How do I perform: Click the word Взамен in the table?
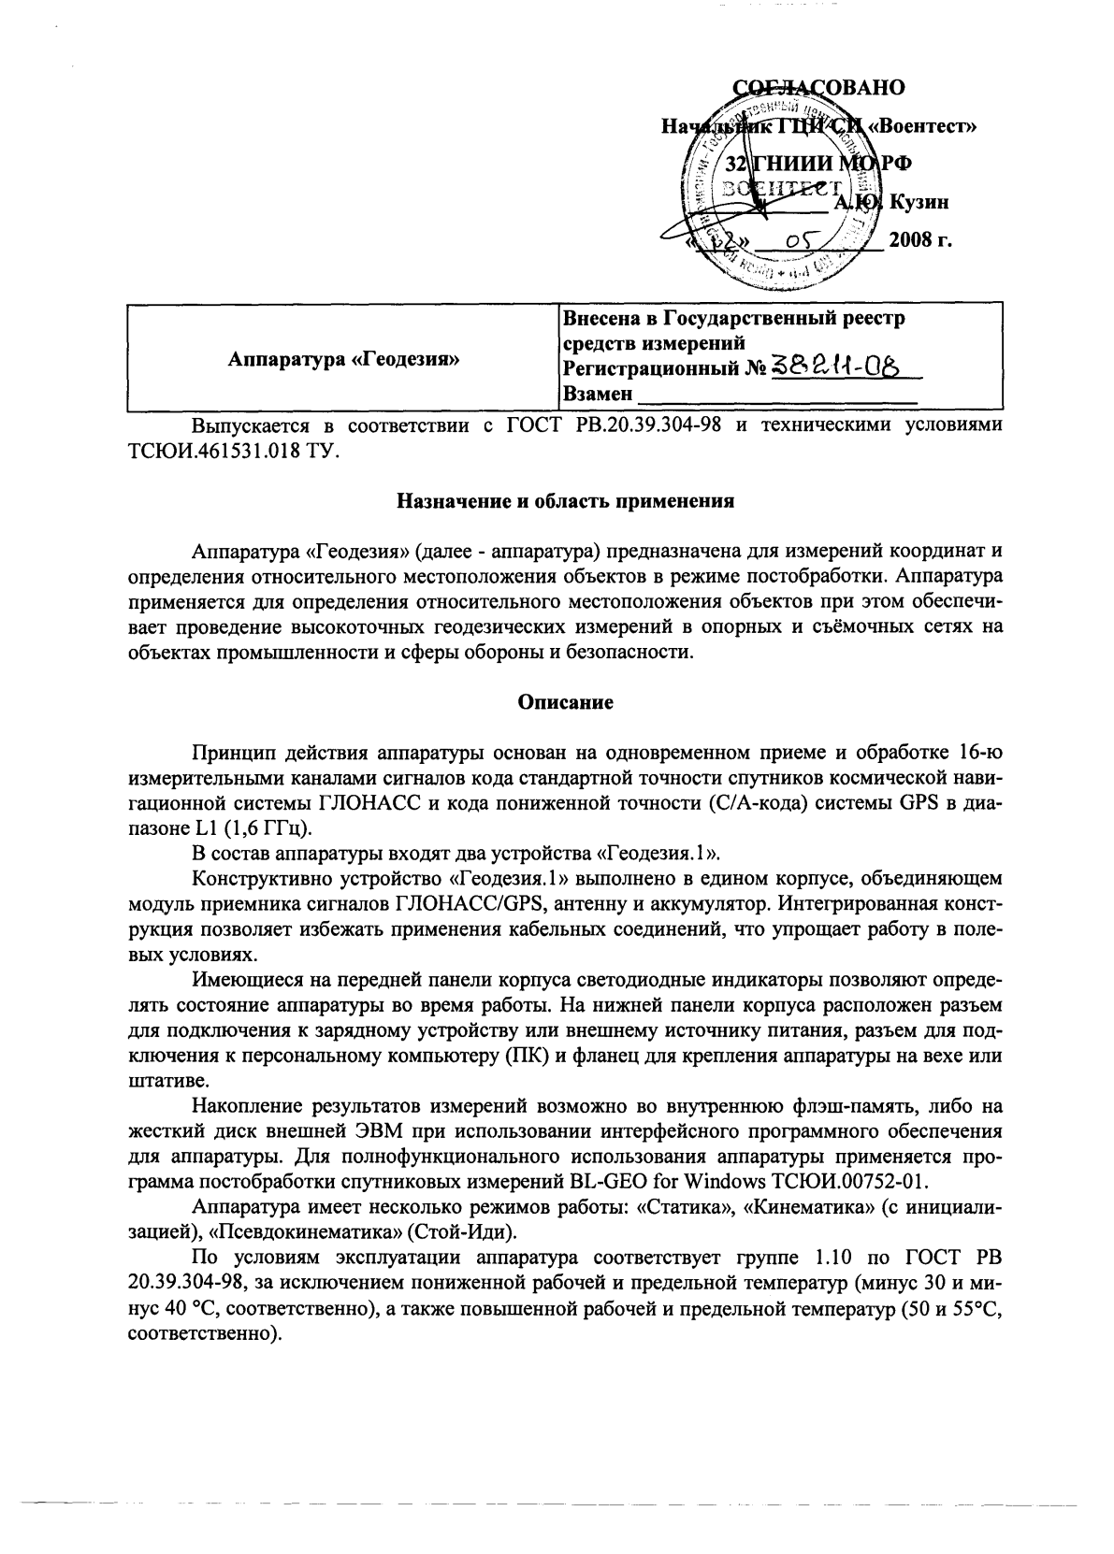(597, 394)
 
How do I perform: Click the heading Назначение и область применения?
(566, 500)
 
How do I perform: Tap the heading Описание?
(566, 702)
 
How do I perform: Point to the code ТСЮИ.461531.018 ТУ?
(234, 452)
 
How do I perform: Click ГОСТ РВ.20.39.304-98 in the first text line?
(617, 426)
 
